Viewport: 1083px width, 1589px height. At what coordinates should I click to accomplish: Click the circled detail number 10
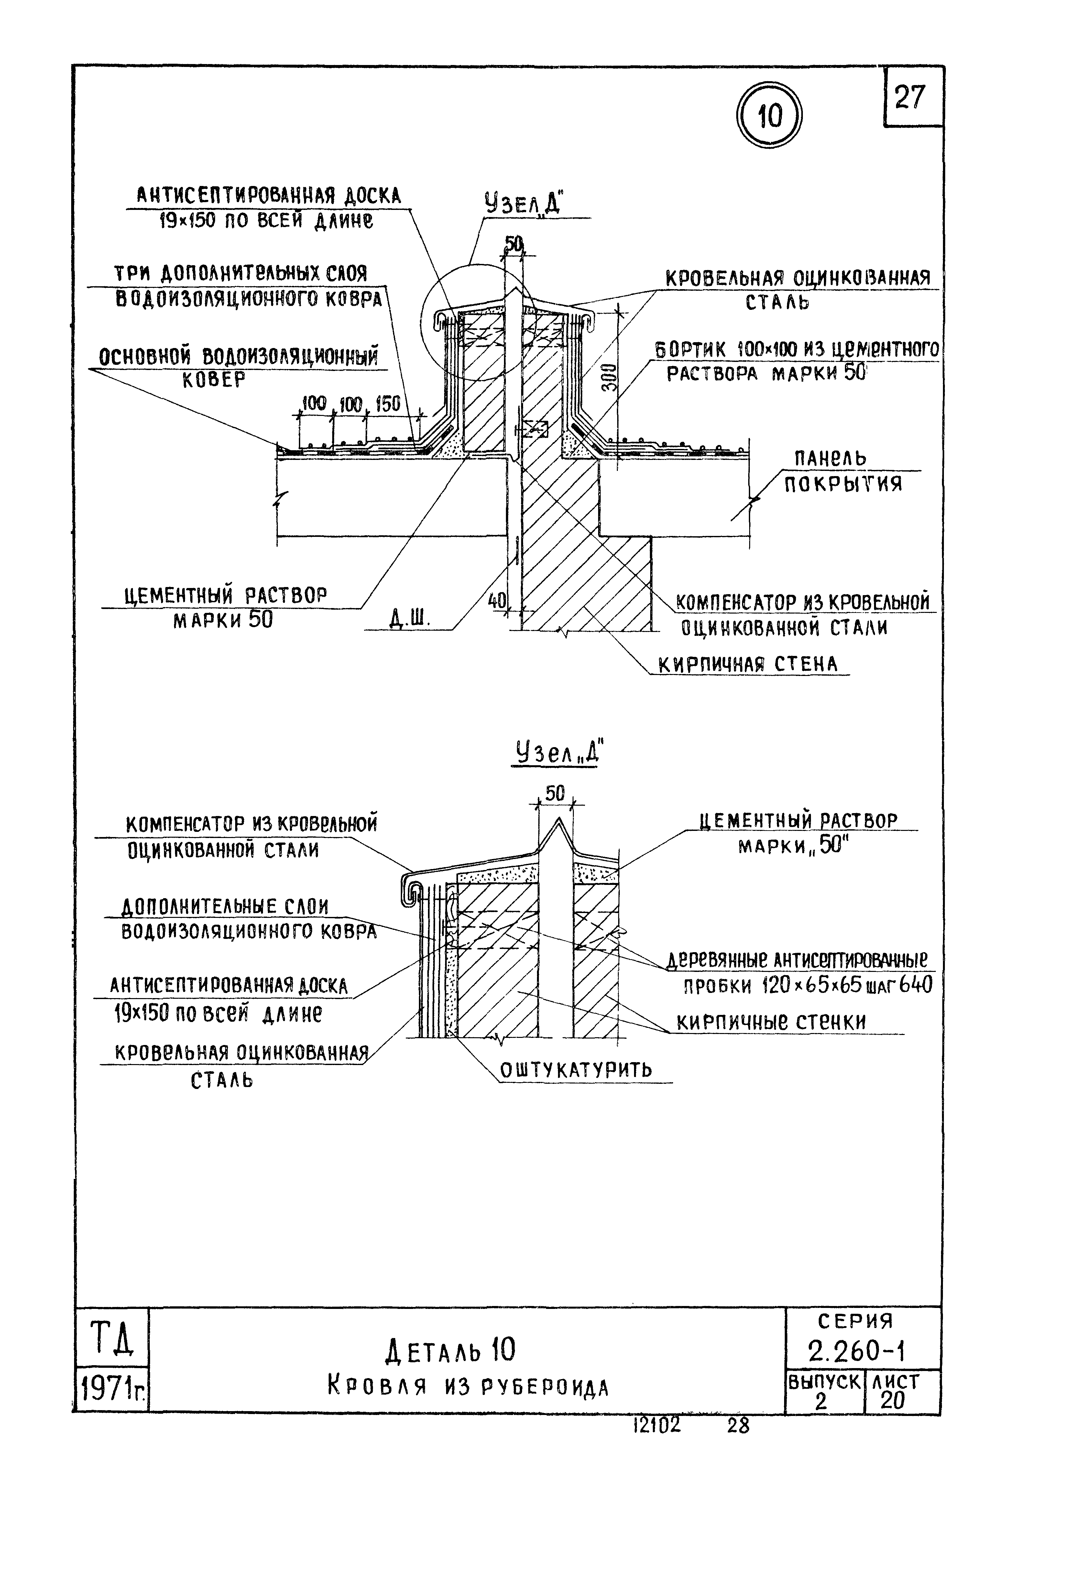tap(769, 116)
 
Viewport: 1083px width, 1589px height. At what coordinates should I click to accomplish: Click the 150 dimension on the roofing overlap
tap(388, 403)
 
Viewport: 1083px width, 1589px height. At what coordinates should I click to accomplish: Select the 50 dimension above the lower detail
tap(555, 793)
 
